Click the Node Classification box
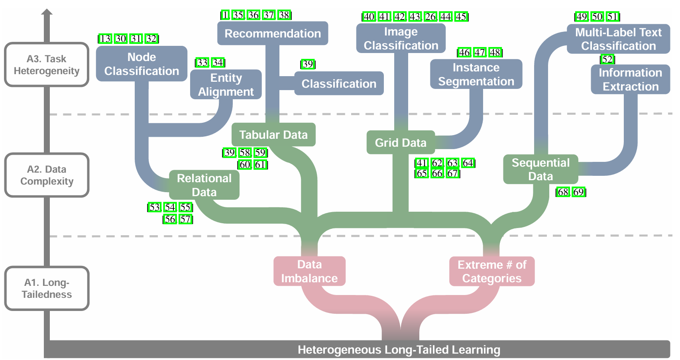(x=142, y=64)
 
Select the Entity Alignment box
(x=226, y=85)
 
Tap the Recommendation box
(x=273, y=33)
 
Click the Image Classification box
(x=401, y=38)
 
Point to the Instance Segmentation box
(x=476, y=74)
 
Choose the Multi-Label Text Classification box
(x=618, y=39)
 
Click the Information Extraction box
(x=631, y=79)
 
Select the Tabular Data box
(x=273, y=134)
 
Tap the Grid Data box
(x=401, y=142)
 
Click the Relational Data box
(x=204, y=185)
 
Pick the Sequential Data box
(x=540, y=169)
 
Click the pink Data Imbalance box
(x=309, y=271)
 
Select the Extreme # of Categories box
(x=492, y=271)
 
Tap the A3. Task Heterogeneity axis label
(x=47, y=64)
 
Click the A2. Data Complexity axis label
(x=47, y=175)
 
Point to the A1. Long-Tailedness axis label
(x=47, y=288)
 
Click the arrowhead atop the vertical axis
(x=47, y=12)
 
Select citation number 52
(x=607, y=59)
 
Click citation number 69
(x=578, y=192)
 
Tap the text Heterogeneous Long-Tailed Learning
(x=399, y=350)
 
